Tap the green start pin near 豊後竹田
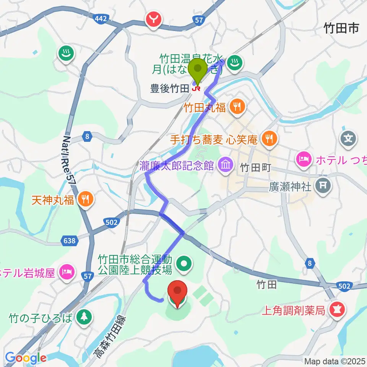(x=198, y=69)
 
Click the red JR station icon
(x=197, y=88)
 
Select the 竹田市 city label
(x=341, y=28)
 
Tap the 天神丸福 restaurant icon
(x=85, y=199)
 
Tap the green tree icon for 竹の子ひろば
(x=83, y=317)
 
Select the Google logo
(x=26, y=358)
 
